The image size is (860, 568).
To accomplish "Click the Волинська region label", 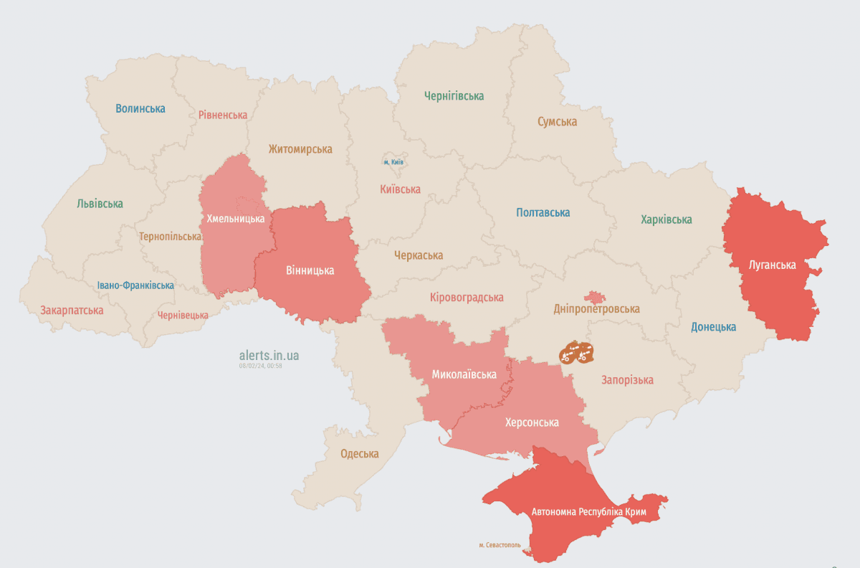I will pos(140,109).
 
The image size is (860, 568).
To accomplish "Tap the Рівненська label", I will pos(223,115).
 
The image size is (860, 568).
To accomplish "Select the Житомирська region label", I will pos(300,149).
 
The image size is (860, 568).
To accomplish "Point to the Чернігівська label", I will pos(454,95).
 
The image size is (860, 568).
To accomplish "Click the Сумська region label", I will pos(557,122).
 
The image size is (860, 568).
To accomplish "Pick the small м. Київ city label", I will pos(393,162).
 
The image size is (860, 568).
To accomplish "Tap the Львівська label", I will pos(100,204).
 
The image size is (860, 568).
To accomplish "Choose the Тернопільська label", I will pos(171,236).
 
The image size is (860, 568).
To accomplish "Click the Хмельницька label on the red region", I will pos(236,218).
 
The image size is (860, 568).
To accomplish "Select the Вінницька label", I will pos(310,270).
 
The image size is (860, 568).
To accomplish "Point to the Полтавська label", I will pos(543,212).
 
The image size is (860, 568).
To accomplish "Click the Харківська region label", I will pos(666,219).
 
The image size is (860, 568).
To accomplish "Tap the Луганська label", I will pos(772,265).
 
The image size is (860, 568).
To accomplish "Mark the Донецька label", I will pos(713,327).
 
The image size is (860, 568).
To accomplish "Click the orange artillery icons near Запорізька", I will pos(576,352).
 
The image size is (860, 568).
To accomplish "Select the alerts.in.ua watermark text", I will pos(269,355).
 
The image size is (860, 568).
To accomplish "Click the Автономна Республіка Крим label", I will pos(589,513).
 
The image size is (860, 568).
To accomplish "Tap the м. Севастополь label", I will pos(501,545).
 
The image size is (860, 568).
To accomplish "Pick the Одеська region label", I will pos(359,453).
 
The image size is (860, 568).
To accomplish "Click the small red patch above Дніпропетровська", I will pos(593,297).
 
